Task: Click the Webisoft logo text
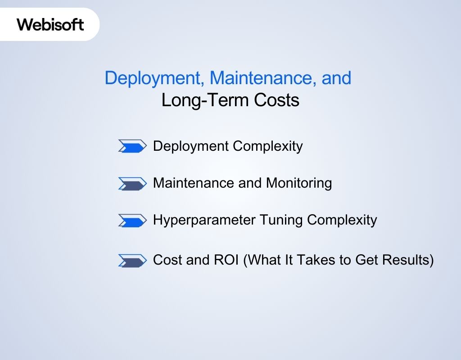point(50,24)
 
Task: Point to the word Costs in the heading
point(276,100)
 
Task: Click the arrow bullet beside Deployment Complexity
point(132,146)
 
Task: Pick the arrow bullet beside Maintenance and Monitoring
point(132,183)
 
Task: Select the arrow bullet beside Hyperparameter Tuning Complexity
point(132,220)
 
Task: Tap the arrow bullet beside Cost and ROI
point(132,261)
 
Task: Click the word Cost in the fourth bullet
point(167,260)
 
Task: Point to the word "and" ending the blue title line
point(336,78)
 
